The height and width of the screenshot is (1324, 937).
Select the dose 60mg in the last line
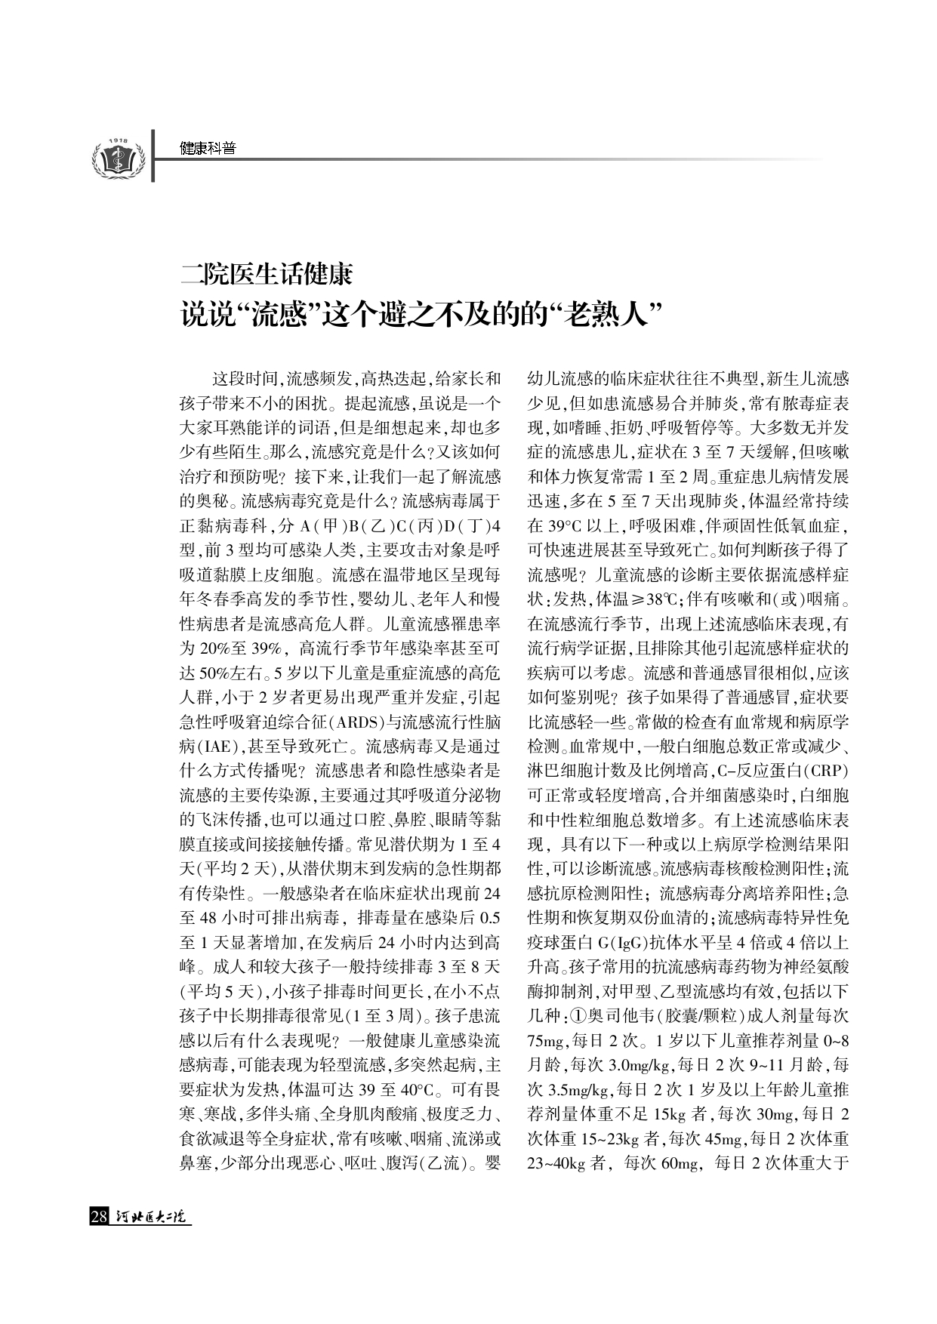(x=679, y=1164)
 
